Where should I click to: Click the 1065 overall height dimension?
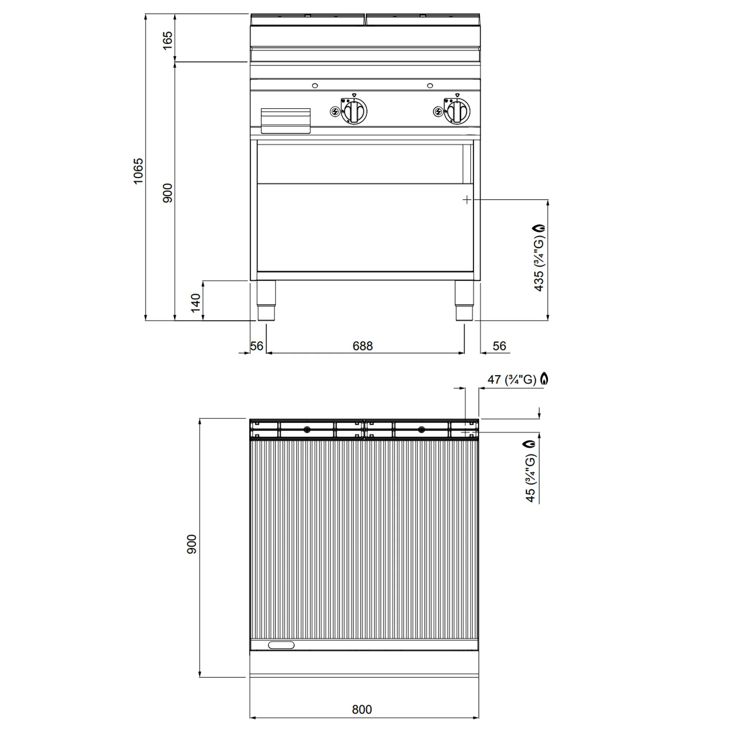(139, 171)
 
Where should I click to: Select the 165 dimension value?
(167, 40)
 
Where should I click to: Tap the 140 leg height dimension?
(195, 303)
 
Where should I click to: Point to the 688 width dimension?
(362, 346)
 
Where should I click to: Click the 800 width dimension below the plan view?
(362, 709)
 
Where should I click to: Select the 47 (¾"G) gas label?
(512, 379)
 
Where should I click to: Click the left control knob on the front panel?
(354, 111)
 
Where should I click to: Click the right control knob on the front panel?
(457, 111)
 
